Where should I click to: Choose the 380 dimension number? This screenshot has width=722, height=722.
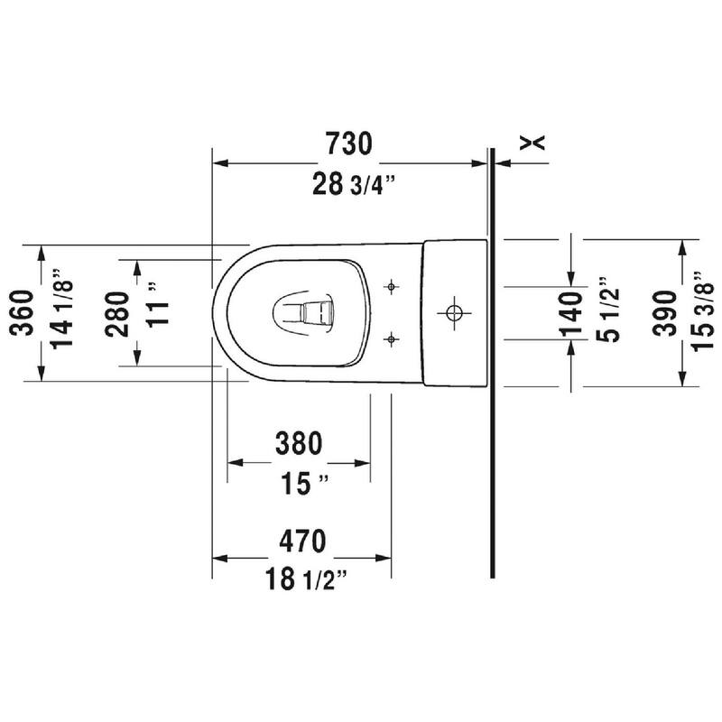coord(298,443)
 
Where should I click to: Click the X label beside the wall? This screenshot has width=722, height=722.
coord(535,141)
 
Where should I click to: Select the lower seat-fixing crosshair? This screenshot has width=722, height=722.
coord(391,339)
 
